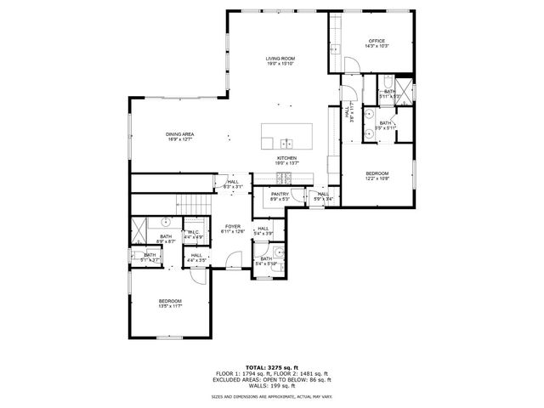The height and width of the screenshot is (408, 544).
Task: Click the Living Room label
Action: (280, 60)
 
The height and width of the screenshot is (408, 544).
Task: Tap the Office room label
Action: (377, 43)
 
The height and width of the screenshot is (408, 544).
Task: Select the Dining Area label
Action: (180, 137)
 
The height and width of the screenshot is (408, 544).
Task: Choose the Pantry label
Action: (280, 196)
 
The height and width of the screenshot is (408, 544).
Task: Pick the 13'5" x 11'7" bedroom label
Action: (169, 303)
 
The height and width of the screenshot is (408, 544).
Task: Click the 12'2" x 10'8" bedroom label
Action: (377, 175)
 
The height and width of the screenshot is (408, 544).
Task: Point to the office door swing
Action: (337, 68)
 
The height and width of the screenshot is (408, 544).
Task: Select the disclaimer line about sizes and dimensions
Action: (272, 396)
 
